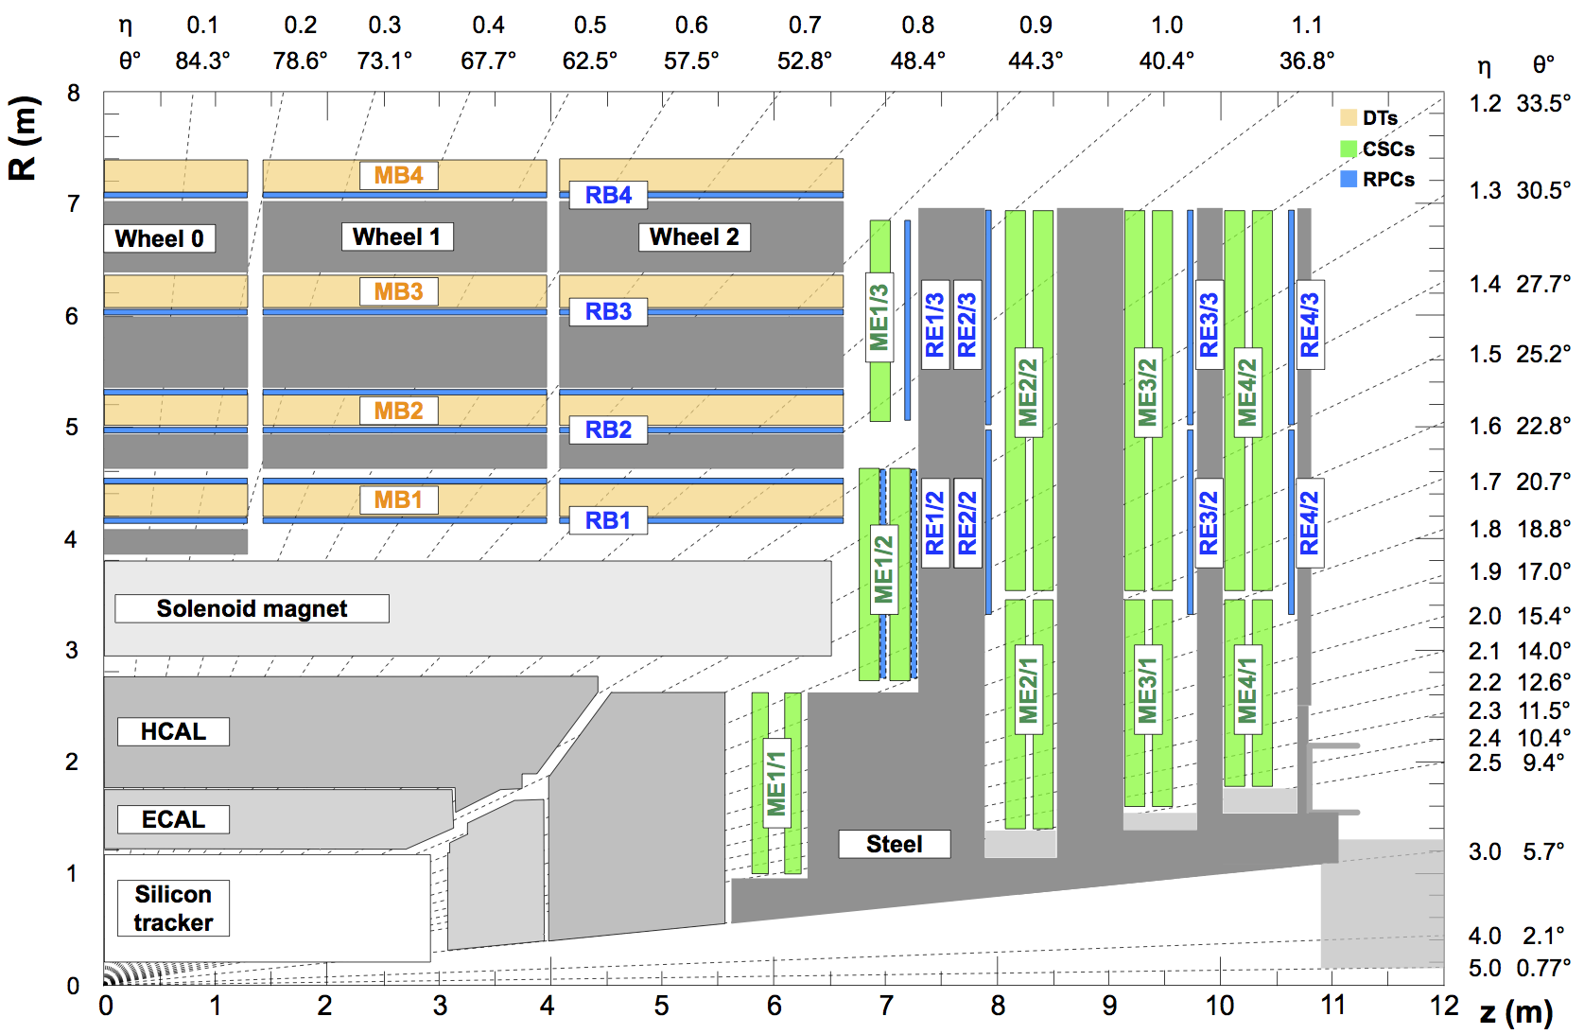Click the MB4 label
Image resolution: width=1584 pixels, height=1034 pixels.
click(398, 175)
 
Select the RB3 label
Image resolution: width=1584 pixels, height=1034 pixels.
click(608, 311)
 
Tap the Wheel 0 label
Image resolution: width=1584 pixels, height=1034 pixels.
click(159, 238)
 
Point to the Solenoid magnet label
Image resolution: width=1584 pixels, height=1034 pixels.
click(252, 608)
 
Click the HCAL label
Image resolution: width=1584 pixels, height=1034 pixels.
click(173, 731)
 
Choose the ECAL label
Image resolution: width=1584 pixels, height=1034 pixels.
click(173, 819)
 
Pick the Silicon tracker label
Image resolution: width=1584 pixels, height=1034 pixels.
click(173, 908)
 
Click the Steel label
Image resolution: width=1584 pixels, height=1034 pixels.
click(894, 844)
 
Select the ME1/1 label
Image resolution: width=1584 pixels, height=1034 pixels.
click(776, 783)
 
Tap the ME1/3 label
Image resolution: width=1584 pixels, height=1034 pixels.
click(879, 317)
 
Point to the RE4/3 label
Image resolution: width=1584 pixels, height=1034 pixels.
click(1310, 324)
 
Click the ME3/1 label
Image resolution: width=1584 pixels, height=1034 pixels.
click(1147, 690)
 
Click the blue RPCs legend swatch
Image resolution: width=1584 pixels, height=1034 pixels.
click(1349, 179)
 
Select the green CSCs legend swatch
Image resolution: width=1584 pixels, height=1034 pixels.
click(1349, 149)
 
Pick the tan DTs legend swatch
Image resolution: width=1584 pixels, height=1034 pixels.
click(1349, 118)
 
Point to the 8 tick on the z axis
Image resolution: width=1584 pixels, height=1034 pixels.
click(998, 1006)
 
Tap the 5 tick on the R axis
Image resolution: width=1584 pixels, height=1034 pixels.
click(72, 428)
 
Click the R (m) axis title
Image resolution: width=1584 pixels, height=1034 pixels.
click(23, 138)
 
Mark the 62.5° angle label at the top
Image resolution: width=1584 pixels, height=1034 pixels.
click(589, 61)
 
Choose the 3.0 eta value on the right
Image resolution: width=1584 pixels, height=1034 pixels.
click(1485, 851)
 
